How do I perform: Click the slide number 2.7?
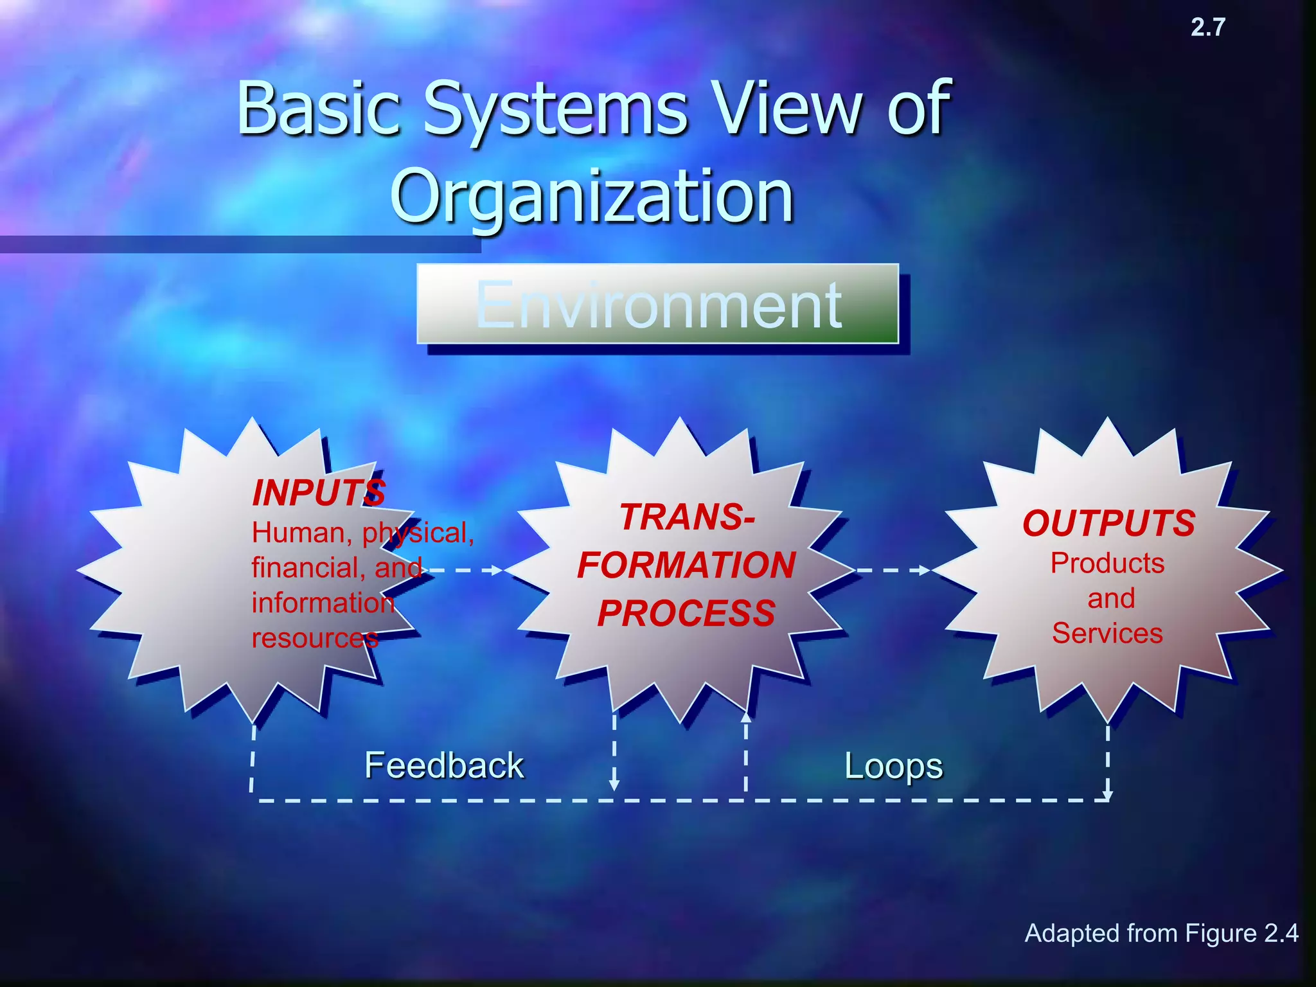coord(1207,28)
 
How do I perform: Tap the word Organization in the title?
coord(592,196)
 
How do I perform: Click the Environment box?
coord(657,305)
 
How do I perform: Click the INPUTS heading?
coord(319,493)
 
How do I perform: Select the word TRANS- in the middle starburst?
coord(687,517)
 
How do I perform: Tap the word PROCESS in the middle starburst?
coord(686,613)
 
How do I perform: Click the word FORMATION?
coord(686,565)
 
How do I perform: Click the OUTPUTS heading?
coord(1108,523)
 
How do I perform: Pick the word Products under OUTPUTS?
coord(1107,564)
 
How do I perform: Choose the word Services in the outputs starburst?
coord(1107,634)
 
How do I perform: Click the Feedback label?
coord(444,765)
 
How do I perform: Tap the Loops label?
coord(893,766)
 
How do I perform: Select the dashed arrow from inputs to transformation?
coord(466,570)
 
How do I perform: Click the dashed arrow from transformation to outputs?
coord(893,570)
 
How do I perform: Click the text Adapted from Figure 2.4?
coord(1161,933)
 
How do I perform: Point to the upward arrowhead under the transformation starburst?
coord(745,717)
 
